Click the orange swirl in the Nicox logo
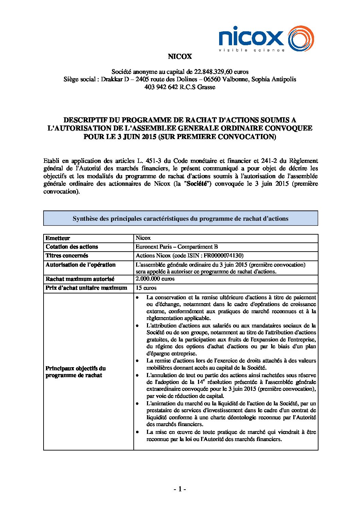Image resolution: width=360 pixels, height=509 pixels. [x=301, y=38]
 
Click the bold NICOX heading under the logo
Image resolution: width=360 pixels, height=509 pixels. [x=180, y=56]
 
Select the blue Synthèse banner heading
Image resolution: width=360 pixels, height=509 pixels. [x=180, y=219]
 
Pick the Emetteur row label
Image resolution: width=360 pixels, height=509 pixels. [x=58, y=238]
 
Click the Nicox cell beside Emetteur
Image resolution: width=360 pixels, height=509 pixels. [x=143, y=238]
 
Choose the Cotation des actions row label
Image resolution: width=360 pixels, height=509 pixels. [x=72, y=247]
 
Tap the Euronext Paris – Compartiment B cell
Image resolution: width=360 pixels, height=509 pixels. [x=177, y=247]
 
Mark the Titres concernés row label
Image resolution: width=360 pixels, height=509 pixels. [x=67, y=256]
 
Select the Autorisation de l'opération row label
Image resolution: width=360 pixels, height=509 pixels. [x=81, y=265]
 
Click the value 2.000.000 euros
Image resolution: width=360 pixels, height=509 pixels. [x=155, y=279]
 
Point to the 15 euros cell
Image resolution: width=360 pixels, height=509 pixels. [x=146, y=288]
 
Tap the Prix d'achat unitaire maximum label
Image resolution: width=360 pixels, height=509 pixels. [x=86, y=288]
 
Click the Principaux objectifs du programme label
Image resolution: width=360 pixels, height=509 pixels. [x=76, y=372]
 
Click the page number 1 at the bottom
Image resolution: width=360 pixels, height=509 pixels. [x=180, y=489]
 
